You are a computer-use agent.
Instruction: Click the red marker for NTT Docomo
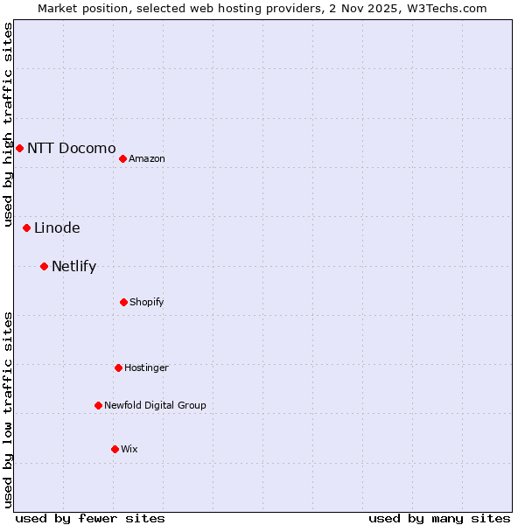coord(19,148)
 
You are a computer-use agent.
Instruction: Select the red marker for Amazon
coord(122,158)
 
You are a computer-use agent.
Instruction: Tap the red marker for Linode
coord(26,227)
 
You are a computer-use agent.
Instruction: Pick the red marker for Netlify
coord(44,266)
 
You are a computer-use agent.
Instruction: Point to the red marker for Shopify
coord(123,302)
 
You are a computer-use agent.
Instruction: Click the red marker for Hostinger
coord(118,367)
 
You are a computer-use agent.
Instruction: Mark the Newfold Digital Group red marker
coord(98,405)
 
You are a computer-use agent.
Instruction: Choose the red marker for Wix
coord(115,449)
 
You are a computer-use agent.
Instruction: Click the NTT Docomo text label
coord(71,148)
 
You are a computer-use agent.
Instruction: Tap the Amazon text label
coord(147,158)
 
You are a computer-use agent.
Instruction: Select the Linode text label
coord(57,227)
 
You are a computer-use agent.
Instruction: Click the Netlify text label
coord(73,266)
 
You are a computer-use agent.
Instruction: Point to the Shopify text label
coord(147,302)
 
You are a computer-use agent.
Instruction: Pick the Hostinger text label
coord(146,367)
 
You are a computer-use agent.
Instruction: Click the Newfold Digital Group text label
coord(155,405)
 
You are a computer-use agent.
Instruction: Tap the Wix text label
coord(129,449)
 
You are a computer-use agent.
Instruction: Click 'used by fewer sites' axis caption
coord(90,518)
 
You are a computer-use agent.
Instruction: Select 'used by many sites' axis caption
coord(439,518)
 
